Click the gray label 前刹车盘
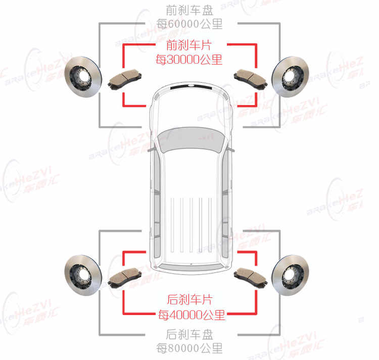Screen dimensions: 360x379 [x=189, y=10]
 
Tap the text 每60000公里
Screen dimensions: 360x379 [x=189, y=24]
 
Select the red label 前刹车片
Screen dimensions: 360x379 [x=189, y=45]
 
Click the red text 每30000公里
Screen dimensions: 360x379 [x=189, y=60]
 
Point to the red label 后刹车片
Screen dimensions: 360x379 [x=189, y=300]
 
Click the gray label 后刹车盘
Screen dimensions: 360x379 [x=189, y=334]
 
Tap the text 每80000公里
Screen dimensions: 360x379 [x=189, y=348]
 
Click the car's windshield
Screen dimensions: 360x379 [x=189, y=139]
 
